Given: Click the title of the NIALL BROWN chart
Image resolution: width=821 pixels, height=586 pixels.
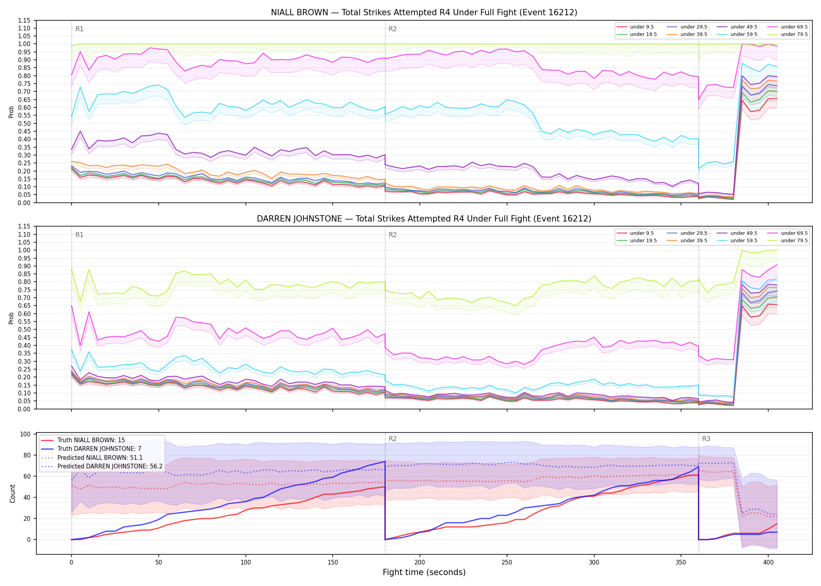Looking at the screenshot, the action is [x=424, y=13].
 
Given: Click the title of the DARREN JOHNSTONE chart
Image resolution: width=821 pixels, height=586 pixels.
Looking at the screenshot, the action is [x=424, y=219].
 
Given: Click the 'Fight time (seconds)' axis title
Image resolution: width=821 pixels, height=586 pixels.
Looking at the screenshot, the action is [x=424, y=572].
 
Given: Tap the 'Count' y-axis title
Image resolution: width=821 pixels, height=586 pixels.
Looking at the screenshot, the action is [x=13, y=493].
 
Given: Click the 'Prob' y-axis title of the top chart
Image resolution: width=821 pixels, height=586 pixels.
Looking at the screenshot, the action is [x=11, y=112].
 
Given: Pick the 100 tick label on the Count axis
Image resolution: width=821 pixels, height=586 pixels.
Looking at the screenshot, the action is [x=25, y=434].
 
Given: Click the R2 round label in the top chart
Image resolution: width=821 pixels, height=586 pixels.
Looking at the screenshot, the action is [x=393, y=29].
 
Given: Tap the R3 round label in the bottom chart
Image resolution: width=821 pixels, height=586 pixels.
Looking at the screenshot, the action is [x=706, y=439].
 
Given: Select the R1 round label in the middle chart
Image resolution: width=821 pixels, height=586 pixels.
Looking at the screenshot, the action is [x=79, y=235].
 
